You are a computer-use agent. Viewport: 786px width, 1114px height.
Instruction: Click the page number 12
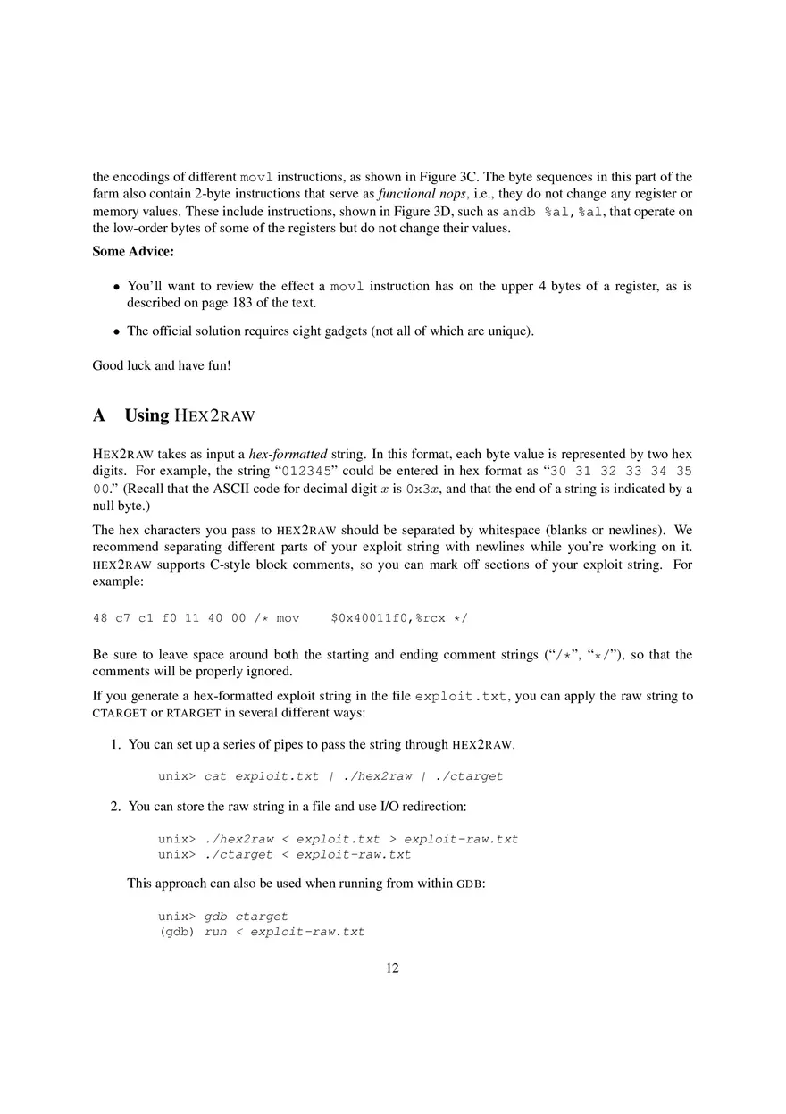tap(392, 968)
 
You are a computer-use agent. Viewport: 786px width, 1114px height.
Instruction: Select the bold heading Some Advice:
tap(133, 252)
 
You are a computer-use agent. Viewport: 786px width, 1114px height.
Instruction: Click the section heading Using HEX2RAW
tap(189, 415)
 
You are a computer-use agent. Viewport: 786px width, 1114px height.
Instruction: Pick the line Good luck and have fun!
tap(162, 365)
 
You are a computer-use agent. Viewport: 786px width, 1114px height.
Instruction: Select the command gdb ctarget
tap(247, 917)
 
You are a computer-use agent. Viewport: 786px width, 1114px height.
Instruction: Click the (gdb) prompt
tap(177, 932)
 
